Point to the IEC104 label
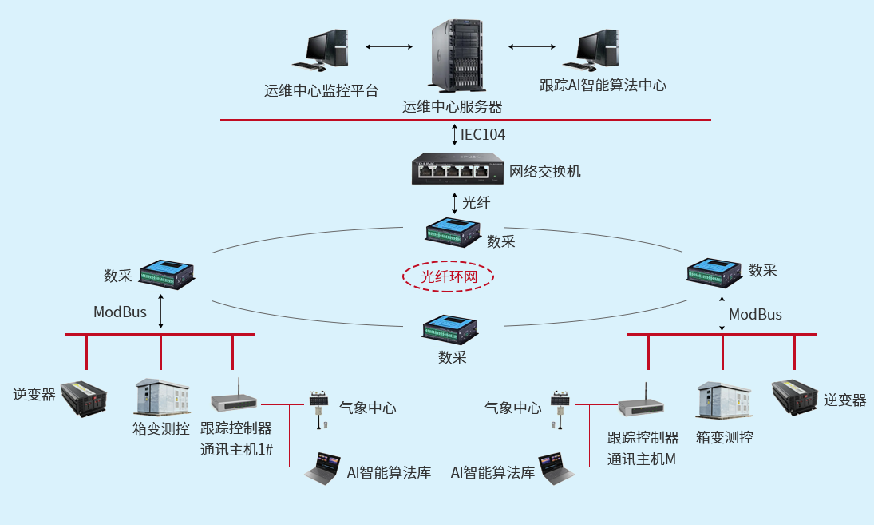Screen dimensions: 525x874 point(482,134)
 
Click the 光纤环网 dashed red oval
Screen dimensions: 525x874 point(449,276)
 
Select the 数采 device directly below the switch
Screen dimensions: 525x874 point(453,231)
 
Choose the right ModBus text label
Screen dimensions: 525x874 point(755,314)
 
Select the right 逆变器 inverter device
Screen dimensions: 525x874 point(796,394)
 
